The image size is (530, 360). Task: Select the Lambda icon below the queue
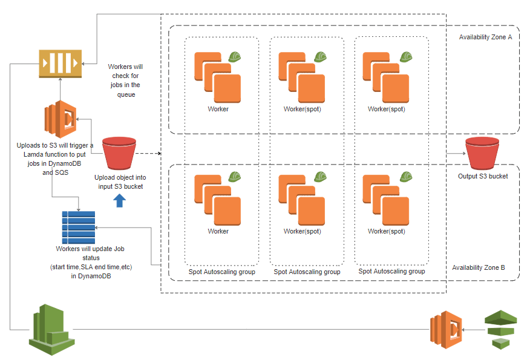click(59, 119)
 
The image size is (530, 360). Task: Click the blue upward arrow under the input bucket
click(119, 200)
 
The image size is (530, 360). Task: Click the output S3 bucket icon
click(482, 154)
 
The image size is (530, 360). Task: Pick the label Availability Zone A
click(485, 38)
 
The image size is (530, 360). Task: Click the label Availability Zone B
click(482, 267)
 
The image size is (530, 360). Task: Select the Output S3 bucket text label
click(482, 176)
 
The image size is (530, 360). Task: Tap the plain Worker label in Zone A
click(218, 109)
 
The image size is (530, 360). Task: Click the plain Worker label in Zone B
click(218, 231)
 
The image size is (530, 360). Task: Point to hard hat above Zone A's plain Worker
click(235, 57)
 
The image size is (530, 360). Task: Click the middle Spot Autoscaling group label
click(307, 272)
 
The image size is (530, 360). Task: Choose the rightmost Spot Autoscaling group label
click(391, 272)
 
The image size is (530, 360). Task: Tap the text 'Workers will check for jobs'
click(125, 80)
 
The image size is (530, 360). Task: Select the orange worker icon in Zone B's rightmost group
click(385, 198)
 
